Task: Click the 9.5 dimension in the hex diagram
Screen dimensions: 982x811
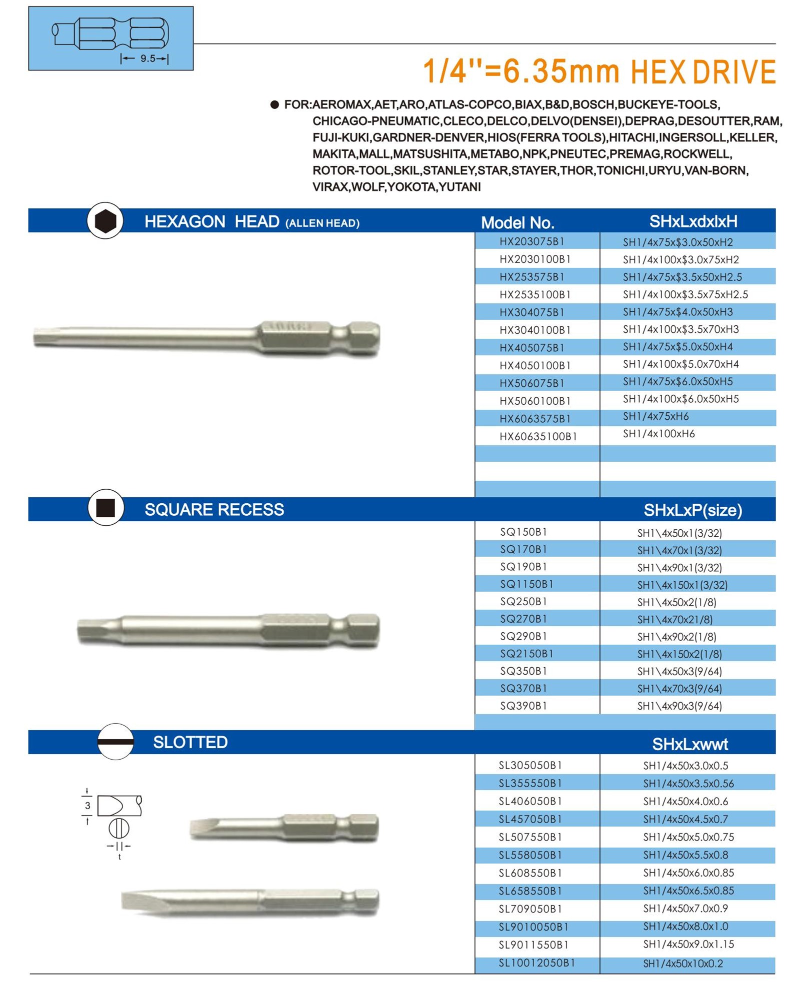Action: coord(147,58)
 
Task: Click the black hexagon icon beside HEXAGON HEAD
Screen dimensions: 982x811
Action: coord(105,221)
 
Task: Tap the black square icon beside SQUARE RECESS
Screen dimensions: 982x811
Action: coord(105,508)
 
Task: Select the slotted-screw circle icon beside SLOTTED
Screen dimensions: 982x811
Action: coord(115,742)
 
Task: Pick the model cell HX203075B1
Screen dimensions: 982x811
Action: coord(531,241)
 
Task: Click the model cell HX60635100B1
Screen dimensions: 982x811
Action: coord(538,436)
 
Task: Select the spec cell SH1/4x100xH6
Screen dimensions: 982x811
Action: coord(658,434)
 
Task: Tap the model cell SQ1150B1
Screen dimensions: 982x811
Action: coord(526,584)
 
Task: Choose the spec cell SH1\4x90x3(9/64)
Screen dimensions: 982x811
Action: coord(679,706)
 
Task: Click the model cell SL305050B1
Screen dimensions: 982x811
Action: coord(530,765)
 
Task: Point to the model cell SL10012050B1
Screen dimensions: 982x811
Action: coord(536,963)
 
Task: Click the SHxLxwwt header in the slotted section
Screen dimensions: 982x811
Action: coord(690,744)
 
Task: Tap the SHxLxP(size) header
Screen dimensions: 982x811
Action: coord(692,510)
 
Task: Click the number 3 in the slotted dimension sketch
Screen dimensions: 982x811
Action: coord(87,805)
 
